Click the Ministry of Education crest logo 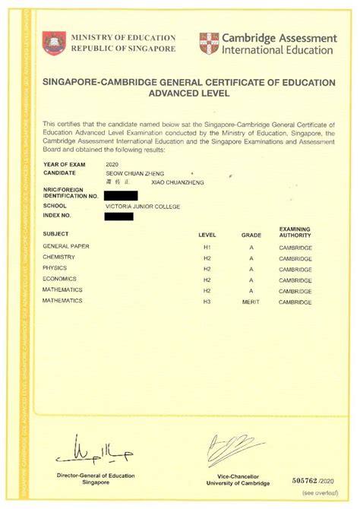tap(54, 43)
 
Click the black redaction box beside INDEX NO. tap(118, 216)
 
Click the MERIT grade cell tap(251, 302)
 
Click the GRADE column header tap(251, 236)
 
